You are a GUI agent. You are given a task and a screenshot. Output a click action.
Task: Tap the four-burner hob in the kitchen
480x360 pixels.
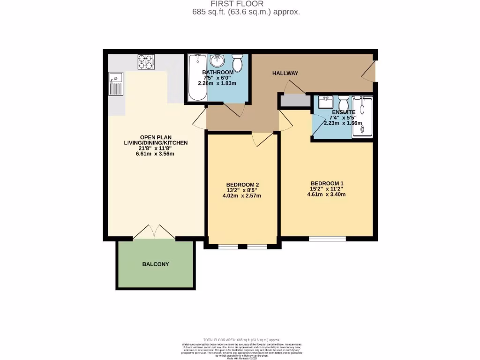146,62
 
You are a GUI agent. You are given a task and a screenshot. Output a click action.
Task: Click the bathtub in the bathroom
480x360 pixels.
197,77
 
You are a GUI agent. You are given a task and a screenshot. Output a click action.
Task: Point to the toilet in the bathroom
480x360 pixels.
238,62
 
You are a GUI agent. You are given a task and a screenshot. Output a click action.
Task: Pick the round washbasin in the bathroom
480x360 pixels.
217,61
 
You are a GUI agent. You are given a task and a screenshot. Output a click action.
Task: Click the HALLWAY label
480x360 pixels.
285,73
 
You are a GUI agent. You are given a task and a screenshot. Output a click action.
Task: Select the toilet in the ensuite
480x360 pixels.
343,102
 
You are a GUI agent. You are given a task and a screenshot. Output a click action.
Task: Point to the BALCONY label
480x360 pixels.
156,264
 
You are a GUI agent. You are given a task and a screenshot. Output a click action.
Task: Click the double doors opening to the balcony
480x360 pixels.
155,232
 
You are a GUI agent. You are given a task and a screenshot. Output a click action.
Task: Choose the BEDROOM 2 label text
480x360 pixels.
242,184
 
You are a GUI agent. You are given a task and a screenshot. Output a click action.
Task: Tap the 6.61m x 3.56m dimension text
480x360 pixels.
155,154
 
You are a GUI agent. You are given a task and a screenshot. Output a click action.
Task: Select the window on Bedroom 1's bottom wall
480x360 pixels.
327,238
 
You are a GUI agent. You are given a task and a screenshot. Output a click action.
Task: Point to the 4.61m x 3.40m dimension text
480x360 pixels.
327,195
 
